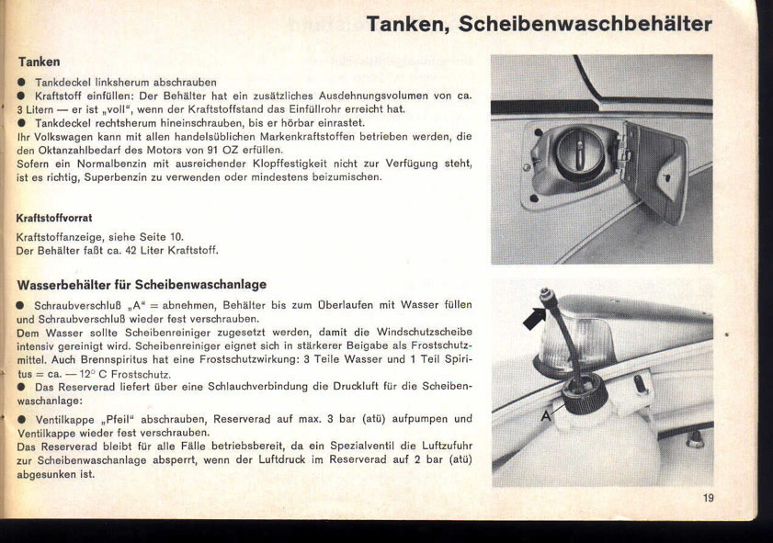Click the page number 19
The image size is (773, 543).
(708, 498)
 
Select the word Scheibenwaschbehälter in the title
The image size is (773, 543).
(585, 24)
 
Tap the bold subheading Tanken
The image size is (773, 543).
(39, 62)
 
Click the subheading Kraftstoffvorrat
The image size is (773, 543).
(54, 219)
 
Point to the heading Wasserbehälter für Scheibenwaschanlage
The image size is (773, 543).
(142, 286)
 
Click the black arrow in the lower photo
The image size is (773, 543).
(536, 317)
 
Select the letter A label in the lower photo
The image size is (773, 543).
(546, 416)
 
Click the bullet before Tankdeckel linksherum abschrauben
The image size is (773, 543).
(21, 82)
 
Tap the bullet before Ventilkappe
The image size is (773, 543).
(21, 419)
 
